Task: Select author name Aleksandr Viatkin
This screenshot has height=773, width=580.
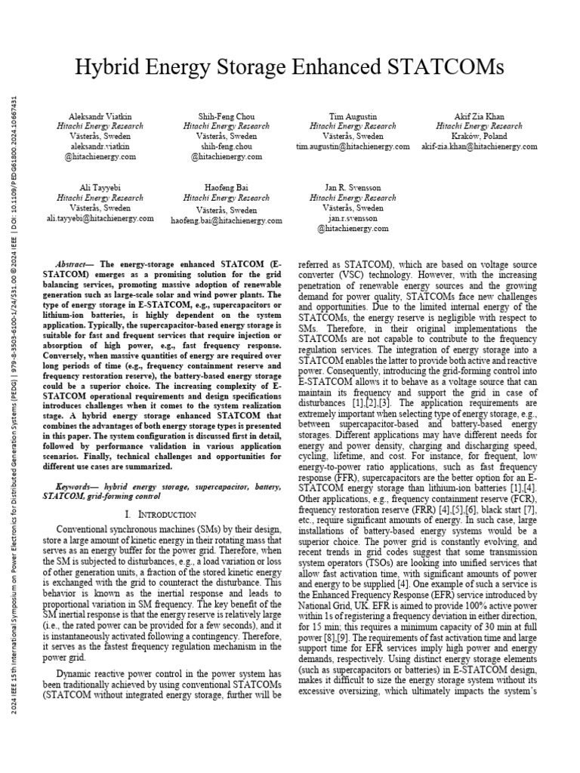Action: click(100, 117)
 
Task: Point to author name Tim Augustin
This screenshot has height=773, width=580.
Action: click(353, 117)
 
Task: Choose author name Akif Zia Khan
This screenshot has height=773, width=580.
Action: click(479, 117)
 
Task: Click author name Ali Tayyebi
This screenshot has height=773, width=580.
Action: click(100, 187)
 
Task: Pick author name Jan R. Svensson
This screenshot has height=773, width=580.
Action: click(353, 187)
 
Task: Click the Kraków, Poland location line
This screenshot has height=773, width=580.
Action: click(479, 137)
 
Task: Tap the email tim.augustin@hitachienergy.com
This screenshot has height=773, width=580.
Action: click(353, 146)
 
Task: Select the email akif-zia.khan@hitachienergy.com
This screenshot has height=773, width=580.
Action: click(479, 146)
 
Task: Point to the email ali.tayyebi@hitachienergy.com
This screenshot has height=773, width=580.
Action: click(100, 217)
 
